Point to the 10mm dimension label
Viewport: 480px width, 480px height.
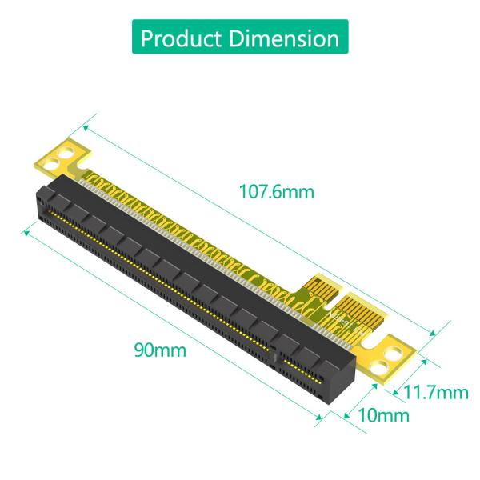point(382,415)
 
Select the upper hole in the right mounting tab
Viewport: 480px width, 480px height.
point(395,350)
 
